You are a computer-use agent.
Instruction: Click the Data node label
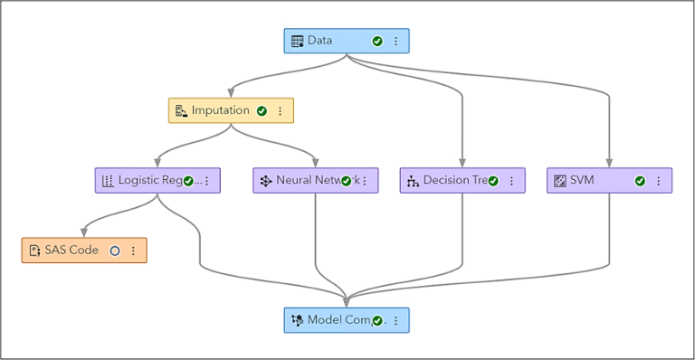[x=319, y=41]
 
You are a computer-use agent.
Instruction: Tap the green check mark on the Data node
[x=377, y=41]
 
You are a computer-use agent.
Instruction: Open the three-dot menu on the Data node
[x=395, y=41]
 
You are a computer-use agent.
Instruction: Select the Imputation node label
[x=220, y=110]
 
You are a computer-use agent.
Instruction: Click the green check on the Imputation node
[x=262, y=110]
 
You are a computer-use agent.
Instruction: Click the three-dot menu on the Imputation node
[x=280, y=110]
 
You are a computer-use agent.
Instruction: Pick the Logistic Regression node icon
[x=108, y=180]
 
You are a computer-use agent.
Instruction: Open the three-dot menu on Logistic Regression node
[x=206, y=180]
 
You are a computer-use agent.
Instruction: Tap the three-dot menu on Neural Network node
[x=364, y=180]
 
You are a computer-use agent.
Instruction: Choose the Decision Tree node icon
[x=413, y=180]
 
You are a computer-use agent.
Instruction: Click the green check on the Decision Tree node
[x=493, y=180]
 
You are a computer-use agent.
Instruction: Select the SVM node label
[x=583, y=180]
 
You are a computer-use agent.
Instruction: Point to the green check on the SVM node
[x=640, y=180]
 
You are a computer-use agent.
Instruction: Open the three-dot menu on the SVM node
[x=658, y=180]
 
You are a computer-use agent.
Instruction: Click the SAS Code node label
[x=71, y=251]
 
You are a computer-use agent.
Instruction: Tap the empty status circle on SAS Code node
[x=115, y=251]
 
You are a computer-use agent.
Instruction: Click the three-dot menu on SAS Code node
[x=133, y=251]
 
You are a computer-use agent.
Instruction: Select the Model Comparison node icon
[x=298, y=320]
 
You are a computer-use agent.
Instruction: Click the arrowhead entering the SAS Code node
[x=84, y=232]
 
